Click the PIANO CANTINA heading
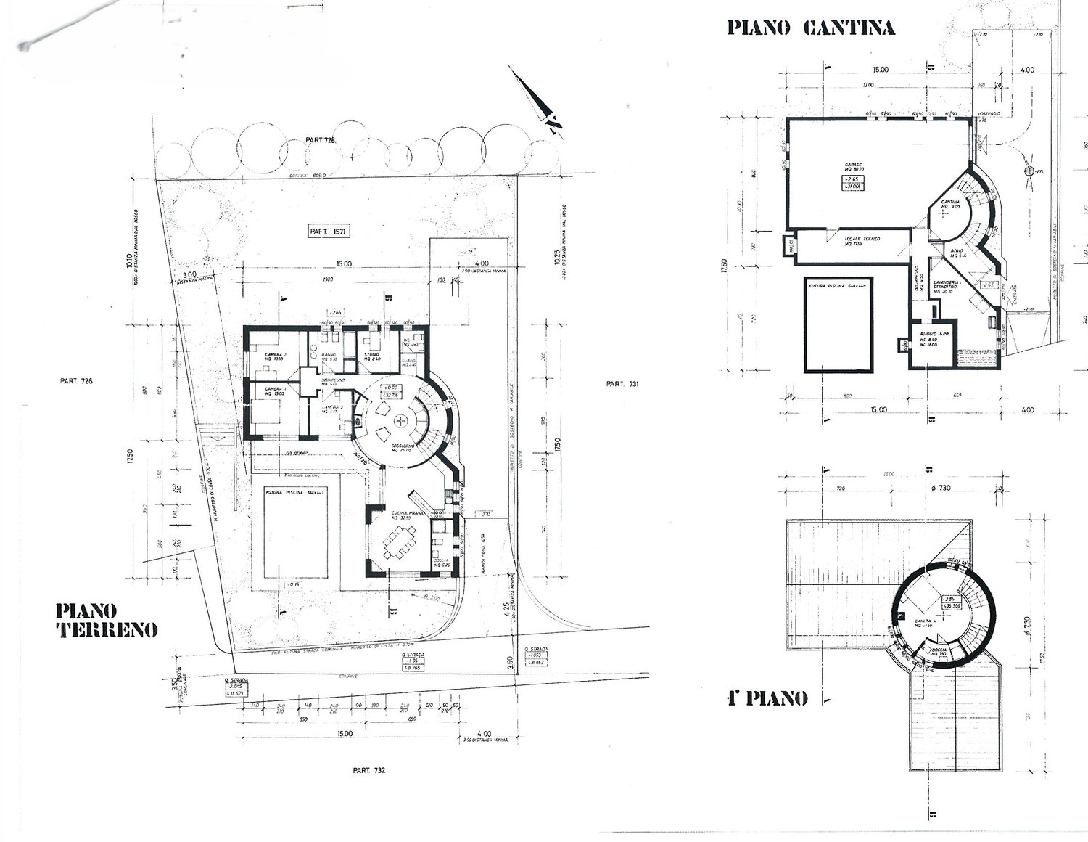[811, 28]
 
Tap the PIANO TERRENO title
[106, 619]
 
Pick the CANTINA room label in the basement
[950, 203]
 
